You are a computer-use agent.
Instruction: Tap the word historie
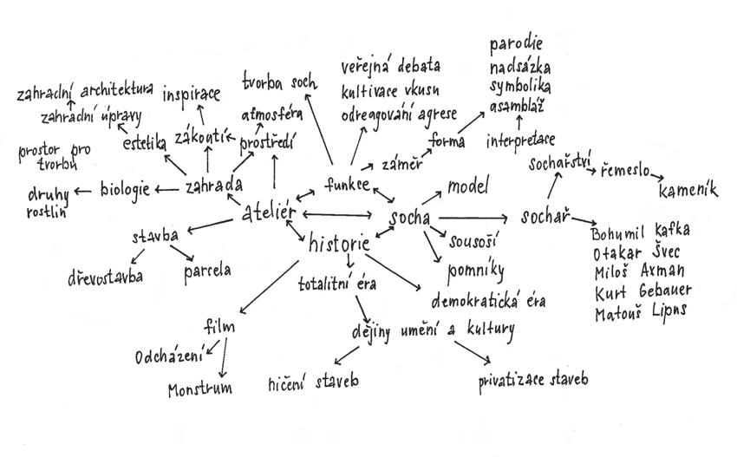pos(339,244)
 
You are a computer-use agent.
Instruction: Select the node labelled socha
pos(409,218)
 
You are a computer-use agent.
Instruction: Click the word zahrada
pos(214,185)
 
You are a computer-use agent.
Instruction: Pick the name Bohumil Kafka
pos(640,232)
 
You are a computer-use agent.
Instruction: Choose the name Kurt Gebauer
pos(641,292)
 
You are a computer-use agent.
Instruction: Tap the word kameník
pos(688,191)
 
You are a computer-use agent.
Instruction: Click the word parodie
pos(517,43)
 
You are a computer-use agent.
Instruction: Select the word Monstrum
pos(200,388)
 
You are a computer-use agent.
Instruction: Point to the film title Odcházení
pos(168,356)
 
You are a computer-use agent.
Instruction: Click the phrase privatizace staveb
pos(533,380)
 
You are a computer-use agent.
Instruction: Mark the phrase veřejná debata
pos(390,66)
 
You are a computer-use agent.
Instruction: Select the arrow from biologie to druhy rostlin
pos(84,191)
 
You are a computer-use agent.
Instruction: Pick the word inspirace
pos(192,93)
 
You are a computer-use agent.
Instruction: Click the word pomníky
pos(475,271)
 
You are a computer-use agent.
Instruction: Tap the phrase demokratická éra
pos(489,301)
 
